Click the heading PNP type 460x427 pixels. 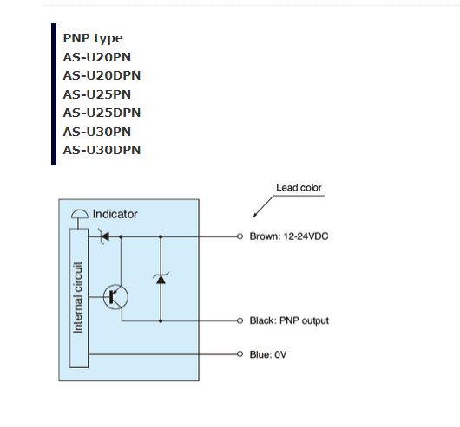tap(93, 39)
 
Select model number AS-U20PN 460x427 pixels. tap(97, 57)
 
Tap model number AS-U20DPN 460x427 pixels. tap(102, 76)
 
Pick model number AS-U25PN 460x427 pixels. tap(97, 94)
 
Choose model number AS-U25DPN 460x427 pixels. tap(102, 113)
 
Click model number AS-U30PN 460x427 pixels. tap(97, 132)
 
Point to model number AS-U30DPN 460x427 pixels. tap(102, 150)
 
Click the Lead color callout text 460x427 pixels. tap(299, 188)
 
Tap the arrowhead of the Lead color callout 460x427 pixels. tap(254, 216)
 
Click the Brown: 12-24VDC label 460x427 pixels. tap(289, 236)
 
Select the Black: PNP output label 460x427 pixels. tap(289, 320)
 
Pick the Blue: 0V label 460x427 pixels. tap(268, 354)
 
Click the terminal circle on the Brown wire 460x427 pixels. tap(240, 236)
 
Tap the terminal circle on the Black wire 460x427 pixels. tap(240, 320)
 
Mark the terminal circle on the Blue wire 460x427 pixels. tap(240, 354)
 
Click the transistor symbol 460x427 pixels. tap(115, 297)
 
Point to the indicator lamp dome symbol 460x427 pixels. tap(80, 214)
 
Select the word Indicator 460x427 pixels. tap(115, 214)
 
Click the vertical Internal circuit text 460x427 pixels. tap(77, 297)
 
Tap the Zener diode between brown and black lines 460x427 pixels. tap(161, 279)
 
